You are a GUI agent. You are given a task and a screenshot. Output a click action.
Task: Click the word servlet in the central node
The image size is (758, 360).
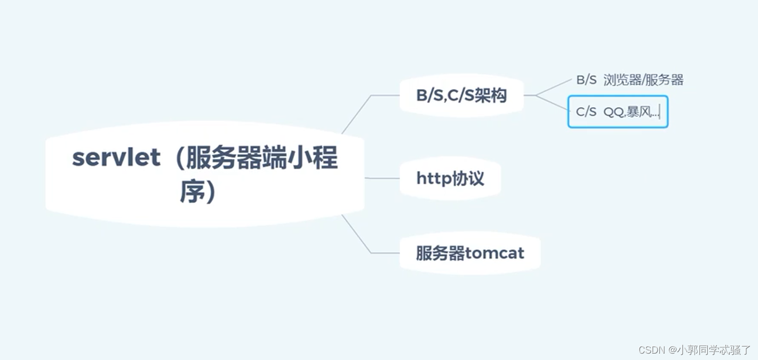pyautogui.click(x=116, y=158)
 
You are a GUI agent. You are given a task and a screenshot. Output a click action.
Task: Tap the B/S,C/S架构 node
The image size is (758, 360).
pyautogui.click(x=461, y=95)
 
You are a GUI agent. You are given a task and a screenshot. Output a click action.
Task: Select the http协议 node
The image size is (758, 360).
pyautogui.click(x=450, y=178)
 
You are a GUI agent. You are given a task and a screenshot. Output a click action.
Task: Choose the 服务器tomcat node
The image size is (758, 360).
pyautogui.click(x=469, y=253)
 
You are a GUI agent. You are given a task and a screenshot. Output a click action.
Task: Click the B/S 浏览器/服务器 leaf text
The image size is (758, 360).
pyautogui.click(x=629, y=81)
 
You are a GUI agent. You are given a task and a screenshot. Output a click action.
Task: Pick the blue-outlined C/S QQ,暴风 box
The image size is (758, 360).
pyautogui.click(x=618, y=112)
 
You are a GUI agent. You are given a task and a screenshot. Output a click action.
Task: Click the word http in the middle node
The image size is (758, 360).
pyautogui.click(x=433, y=179)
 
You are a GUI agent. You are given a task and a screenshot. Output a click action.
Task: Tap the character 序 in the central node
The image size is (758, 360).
pyautogui.click(x=190, y=192)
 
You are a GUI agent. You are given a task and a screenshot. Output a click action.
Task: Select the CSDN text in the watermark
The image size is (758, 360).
pyautogui.click(x=650, y=350)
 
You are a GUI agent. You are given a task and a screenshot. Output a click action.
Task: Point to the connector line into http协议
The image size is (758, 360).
pyautogui.click(x=382, y=178)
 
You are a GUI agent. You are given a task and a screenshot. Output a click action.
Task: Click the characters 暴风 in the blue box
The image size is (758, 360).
pyautogui.click(x=637, y=112)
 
